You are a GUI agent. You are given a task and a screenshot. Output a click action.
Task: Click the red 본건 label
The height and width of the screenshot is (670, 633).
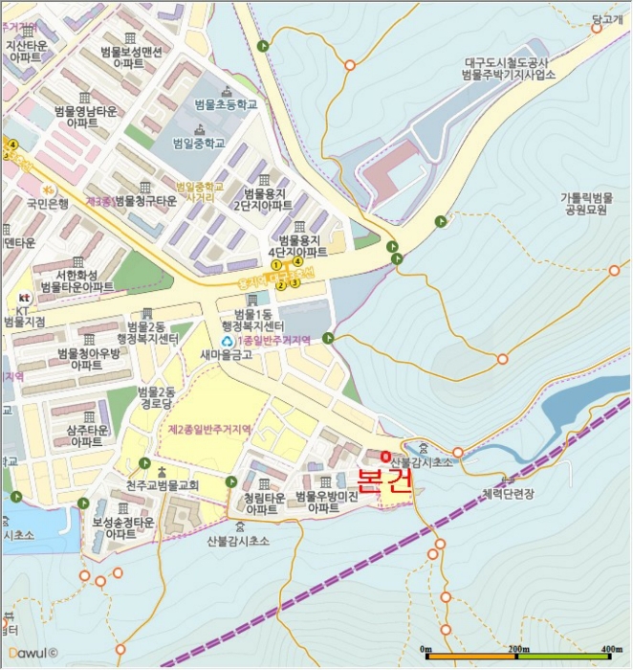(x=383, y=480)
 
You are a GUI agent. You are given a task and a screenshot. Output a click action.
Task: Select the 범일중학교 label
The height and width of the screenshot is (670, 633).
(x=199, y=143)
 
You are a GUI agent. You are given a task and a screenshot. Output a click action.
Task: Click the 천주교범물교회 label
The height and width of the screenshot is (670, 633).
(x=162, y=485)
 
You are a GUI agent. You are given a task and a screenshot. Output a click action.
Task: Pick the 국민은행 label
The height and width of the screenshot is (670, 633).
(x=47, y=203)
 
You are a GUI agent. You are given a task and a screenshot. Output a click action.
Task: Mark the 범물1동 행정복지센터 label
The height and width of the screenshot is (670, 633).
(x=254, y=321)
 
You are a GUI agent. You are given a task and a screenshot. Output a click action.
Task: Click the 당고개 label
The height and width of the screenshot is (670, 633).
(x=607, y=18)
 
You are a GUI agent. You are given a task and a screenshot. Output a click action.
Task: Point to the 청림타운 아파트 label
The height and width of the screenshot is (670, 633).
(x=264, y=503)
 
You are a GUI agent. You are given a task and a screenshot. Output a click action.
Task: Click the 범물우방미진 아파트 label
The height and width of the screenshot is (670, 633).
(x=326, y=502)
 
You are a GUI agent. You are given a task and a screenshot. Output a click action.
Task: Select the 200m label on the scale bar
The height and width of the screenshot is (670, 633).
(x=518, y=649)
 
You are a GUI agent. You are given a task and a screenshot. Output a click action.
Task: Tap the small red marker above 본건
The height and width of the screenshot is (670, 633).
(x=384, y=457)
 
